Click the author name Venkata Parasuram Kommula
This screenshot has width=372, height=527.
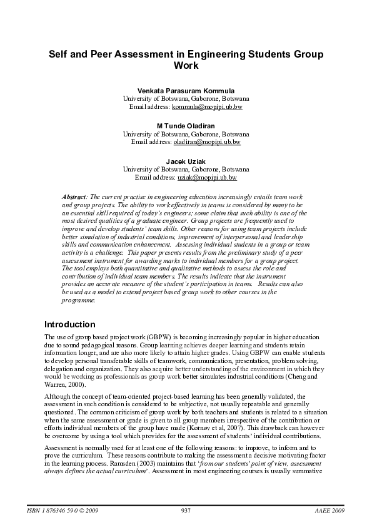tap(186, 91)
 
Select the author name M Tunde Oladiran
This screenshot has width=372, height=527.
tap(186, 126)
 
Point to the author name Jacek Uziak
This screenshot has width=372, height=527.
tap(186, 161)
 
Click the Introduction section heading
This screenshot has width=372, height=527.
tap(69, 325)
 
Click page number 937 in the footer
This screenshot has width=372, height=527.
tap(185, 511)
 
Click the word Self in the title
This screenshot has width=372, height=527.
tap(60, 54)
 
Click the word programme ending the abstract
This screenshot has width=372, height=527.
tap(78, 300)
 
